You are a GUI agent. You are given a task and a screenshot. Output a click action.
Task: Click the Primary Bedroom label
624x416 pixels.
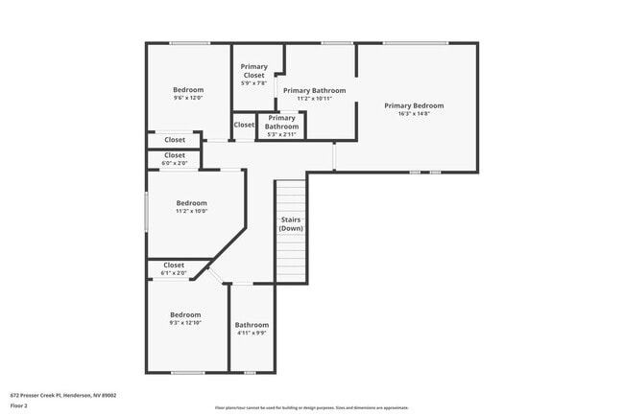pyautogui.click(x=414, y=105)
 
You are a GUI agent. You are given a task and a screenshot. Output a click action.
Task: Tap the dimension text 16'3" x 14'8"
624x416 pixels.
pyautogui.click(x=414, y=114)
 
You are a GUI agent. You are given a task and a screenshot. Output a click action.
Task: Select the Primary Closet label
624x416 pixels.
pyautogui.click(x=254, y=71)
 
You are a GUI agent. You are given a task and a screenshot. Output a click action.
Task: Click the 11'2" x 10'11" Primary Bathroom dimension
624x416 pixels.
pyautogui.click(x=314, y=99)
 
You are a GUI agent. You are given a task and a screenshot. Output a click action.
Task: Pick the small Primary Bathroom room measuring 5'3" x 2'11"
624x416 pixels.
pyautogui.click(x=281, y=123)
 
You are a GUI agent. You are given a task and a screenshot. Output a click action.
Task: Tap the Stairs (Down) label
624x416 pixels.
pyautogui.click(x=291, y=224)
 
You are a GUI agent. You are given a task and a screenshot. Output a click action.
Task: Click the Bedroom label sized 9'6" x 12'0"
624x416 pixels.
pyautogui.click(x=188, y=90)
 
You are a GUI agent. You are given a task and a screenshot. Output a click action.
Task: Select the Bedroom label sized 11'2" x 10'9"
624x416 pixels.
pyautogui.click(x=191, y=203)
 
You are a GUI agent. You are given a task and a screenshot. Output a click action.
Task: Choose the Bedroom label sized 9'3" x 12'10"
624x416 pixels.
pyautogui.click(x=185, y=315)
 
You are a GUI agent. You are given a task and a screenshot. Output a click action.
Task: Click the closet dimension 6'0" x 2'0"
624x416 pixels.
pyautogui.click(x=175, y=163)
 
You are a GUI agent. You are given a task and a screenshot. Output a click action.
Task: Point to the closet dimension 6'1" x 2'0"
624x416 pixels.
pyautogui.click(x=174, y=273)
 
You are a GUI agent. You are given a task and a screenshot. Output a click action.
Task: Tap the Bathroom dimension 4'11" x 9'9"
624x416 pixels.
pyautogui.click(x=252, y=334)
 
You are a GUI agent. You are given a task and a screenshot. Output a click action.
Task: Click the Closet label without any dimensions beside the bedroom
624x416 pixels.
pyautogui.click(x=175, y=140)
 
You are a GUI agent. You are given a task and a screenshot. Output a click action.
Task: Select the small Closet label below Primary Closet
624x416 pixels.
pyautogui.click(x=244, y=125)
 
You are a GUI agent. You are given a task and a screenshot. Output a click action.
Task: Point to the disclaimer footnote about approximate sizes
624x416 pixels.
pyautogui.click(x=312, y=407)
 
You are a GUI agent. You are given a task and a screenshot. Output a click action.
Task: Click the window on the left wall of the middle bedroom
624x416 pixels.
pyautogui.click(x=146, y=211)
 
